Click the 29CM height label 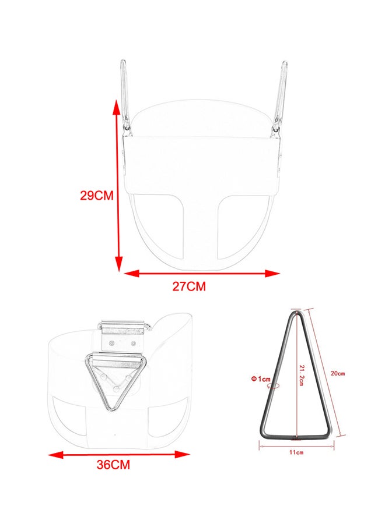pos(97,195)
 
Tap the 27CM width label pos(189,286)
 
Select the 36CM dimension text pos(113,465)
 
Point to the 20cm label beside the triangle pos(338,373)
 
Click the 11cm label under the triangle pos(296,452)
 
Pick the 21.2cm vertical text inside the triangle pos(301,376)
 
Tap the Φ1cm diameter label pos(261,378)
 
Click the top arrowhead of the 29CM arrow pos(117,107)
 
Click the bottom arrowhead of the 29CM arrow pos(118,264)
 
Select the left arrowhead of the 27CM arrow pos(132,274)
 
